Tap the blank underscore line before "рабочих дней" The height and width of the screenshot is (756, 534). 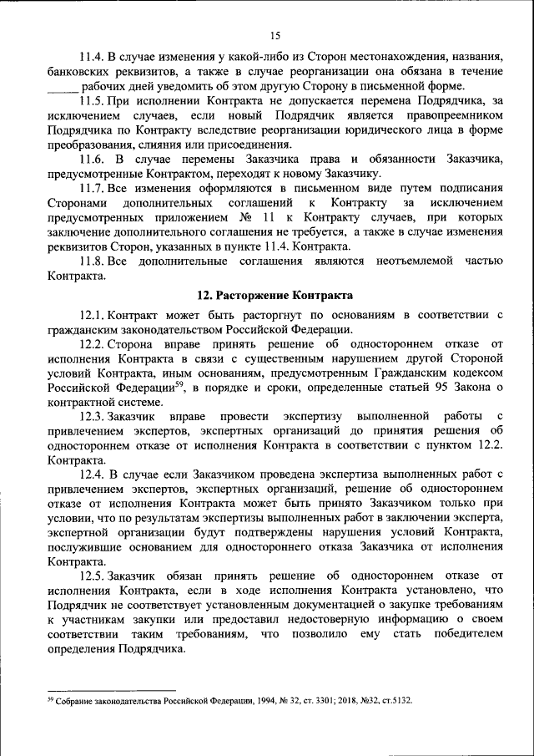pos(63,88)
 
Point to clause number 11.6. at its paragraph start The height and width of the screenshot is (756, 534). pos(93,159)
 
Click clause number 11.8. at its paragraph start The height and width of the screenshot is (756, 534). pos(93,261)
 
